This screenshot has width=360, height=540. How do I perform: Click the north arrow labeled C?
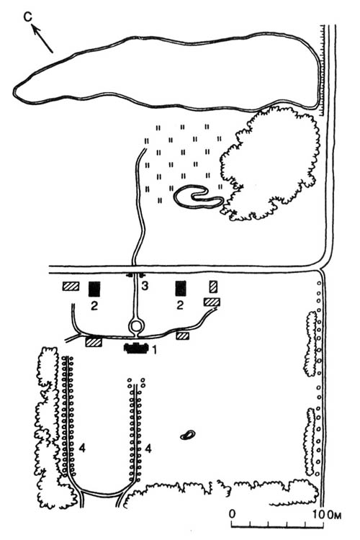tap(42, 39)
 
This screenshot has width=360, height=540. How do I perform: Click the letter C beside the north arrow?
tap(28, 17)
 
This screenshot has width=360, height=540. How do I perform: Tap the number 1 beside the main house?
tap(154, 350)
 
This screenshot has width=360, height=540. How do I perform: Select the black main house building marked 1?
tap(136, 348)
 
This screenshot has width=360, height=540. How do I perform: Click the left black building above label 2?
tap(94, 289)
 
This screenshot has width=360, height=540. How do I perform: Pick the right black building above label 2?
tap(181, 288)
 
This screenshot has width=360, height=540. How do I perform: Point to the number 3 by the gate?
tap(145, 286)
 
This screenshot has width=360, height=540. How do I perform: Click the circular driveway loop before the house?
tap(136, 325)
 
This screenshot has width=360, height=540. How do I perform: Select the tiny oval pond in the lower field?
tap(188, 435)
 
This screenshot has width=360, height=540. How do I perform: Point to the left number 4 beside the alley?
tap(82, 448)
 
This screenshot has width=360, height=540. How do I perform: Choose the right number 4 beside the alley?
tap(148, 448)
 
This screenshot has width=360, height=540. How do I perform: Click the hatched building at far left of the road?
tap(71, 286)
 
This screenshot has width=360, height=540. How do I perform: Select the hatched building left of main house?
tap(94, 342)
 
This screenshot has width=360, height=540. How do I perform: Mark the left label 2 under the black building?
tap(94, 305)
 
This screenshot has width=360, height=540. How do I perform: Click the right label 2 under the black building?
tap(180, 305)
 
